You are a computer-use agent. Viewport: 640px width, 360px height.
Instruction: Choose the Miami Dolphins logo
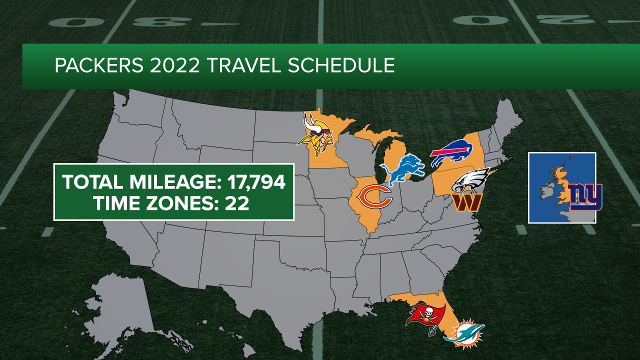[463, 333]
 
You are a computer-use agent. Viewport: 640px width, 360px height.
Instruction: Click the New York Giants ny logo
[585, 196]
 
